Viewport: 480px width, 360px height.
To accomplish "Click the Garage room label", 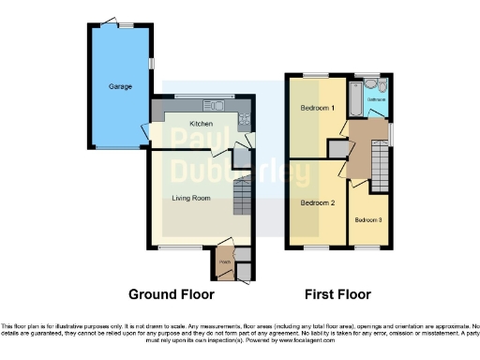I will [x=120, y=86].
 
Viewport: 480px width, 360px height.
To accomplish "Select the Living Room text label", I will [x=190, y=198].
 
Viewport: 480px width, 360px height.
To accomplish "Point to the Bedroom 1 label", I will [x=317, y=108].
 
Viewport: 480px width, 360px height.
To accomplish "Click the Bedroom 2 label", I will [x=317, y=202].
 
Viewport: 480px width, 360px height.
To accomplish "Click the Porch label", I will [x=225, y=262].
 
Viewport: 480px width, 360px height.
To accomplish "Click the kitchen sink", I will [x=214, y=103].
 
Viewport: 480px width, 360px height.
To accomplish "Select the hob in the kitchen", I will [x=246, y=118].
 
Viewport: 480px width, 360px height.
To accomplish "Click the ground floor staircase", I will [x=242, y=196].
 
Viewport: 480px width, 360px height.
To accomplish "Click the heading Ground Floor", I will [x=172, y=293].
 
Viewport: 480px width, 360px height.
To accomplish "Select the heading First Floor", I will [x=336, y=293].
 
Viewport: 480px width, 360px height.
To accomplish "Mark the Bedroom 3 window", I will [x=367, y=248].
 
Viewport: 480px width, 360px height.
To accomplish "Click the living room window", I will [x=172, y=248].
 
